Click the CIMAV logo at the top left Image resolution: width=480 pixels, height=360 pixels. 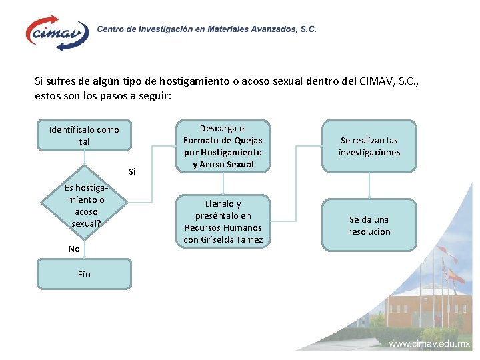(57, 32)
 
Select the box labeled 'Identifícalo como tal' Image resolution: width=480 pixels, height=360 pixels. (84, 135)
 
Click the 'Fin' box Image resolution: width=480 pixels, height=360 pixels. (84, 273)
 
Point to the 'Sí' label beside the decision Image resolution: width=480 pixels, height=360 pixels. (132, 172)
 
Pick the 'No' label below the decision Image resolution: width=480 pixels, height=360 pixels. (74, 249)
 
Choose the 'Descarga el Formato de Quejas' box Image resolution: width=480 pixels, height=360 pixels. (223, 146)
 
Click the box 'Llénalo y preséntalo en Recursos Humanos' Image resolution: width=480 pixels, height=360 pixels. (223, 221)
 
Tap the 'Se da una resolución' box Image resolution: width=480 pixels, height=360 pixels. (369, 225)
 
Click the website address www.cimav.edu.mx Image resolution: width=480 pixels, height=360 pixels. (429, 345)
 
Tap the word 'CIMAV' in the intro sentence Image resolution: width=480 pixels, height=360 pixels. (377, 81)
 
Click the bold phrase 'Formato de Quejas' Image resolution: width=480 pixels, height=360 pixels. (223, 140)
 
